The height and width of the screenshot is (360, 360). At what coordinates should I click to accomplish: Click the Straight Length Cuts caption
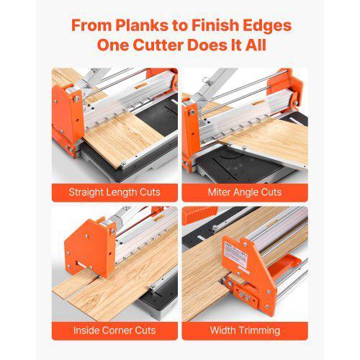(114, 192)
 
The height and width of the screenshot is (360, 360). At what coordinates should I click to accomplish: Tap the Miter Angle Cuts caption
(245, 192)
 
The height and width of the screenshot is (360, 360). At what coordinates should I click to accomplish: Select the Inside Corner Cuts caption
(114, 330)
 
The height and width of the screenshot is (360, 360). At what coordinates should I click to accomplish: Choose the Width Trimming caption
(245, 330)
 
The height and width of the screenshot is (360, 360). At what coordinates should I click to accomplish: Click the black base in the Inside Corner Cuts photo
(144, 302)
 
